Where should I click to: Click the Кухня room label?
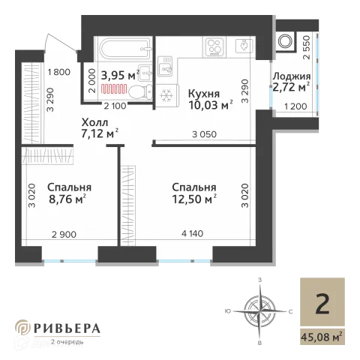click(204, 94)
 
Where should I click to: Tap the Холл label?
click(94, 122)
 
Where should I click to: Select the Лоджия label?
click(292, 76)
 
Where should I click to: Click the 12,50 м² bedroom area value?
click(194, 199)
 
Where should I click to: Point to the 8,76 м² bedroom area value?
click(67, 199)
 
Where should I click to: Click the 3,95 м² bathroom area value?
click(120, 75)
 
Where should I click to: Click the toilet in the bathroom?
click(141, 91)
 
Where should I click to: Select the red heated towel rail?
click(114, 89)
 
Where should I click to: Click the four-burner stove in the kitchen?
click(214, 46)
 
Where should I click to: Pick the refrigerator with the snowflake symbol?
click(166, 95)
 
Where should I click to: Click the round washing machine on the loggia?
click(285, 40)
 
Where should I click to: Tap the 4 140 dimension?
click(192, 233)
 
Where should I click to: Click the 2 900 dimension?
click(64, 235)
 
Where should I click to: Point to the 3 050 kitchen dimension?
click(204, 134)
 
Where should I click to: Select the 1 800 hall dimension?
click(59, 72)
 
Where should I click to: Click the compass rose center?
click(260, 311)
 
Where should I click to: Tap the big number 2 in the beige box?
click(322, 304)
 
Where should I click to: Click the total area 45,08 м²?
click(322, 337)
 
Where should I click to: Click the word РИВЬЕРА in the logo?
click(67, 328)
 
